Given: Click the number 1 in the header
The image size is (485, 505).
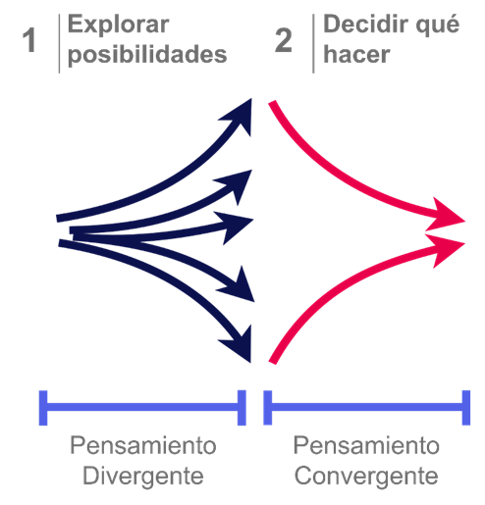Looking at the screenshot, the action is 29,40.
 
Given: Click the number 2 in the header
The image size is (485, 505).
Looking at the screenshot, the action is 284,40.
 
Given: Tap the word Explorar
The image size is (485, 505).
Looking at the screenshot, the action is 118,25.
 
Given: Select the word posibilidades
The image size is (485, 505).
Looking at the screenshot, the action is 147,54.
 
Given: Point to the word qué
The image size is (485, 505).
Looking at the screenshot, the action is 438,25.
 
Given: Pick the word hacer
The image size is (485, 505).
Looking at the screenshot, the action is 356,54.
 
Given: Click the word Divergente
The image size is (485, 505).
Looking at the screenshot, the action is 143,477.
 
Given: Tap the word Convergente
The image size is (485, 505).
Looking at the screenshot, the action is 366,476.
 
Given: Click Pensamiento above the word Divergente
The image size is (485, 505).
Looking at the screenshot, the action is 143,445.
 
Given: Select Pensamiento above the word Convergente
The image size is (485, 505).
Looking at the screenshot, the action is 366,445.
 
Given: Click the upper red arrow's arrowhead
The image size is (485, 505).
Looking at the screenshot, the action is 448,217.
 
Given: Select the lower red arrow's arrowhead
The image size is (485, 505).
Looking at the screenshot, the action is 448,248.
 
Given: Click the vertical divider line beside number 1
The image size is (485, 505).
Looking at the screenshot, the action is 59,44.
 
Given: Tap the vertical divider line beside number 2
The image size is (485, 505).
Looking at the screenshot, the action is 313,44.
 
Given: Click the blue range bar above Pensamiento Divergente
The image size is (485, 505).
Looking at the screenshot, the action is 142,408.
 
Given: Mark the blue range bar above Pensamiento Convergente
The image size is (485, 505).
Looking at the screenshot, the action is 367,408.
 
